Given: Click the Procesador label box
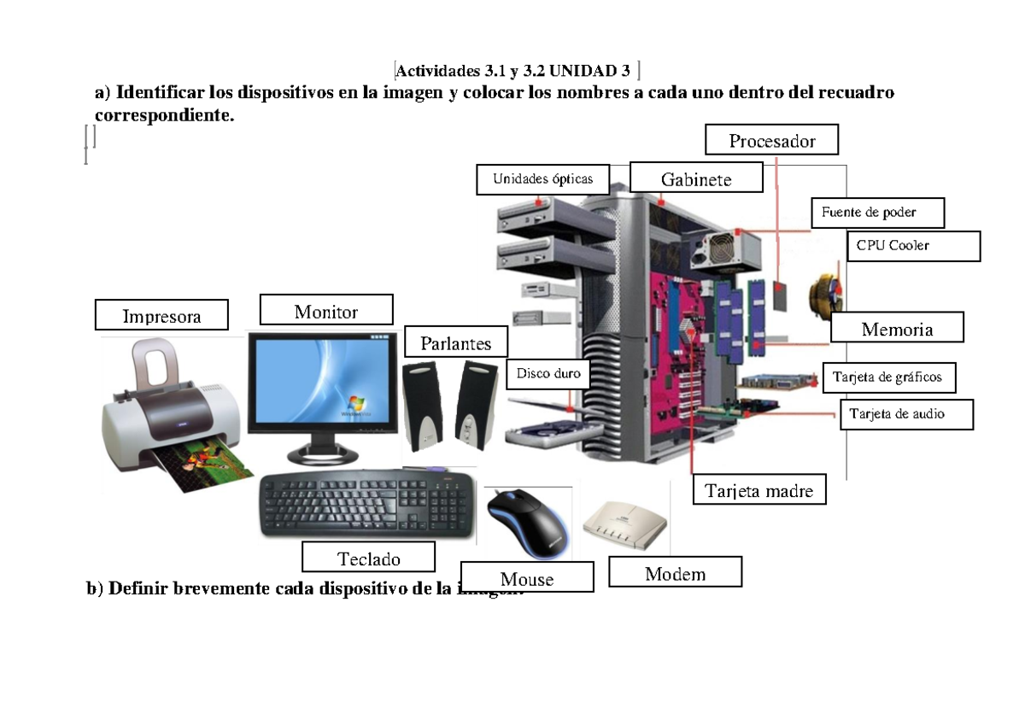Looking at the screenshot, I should click(772, 141).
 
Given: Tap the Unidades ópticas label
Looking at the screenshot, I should click(542, 179).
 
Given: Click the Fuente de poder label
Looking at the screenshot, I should click(877, 213).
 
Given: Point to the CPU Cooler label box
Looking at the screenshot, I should click(913, 246).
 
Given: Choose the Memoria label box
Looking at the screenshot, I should click(897, 329).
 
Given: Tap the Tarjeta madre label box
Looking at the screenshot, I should click(759, 490).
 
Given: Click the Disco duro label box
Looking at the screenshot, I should click(548, 374).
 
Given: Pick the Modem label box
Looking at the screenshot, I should click(675, 573).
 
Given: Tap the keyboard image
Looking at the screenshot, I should click(367, 506).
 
